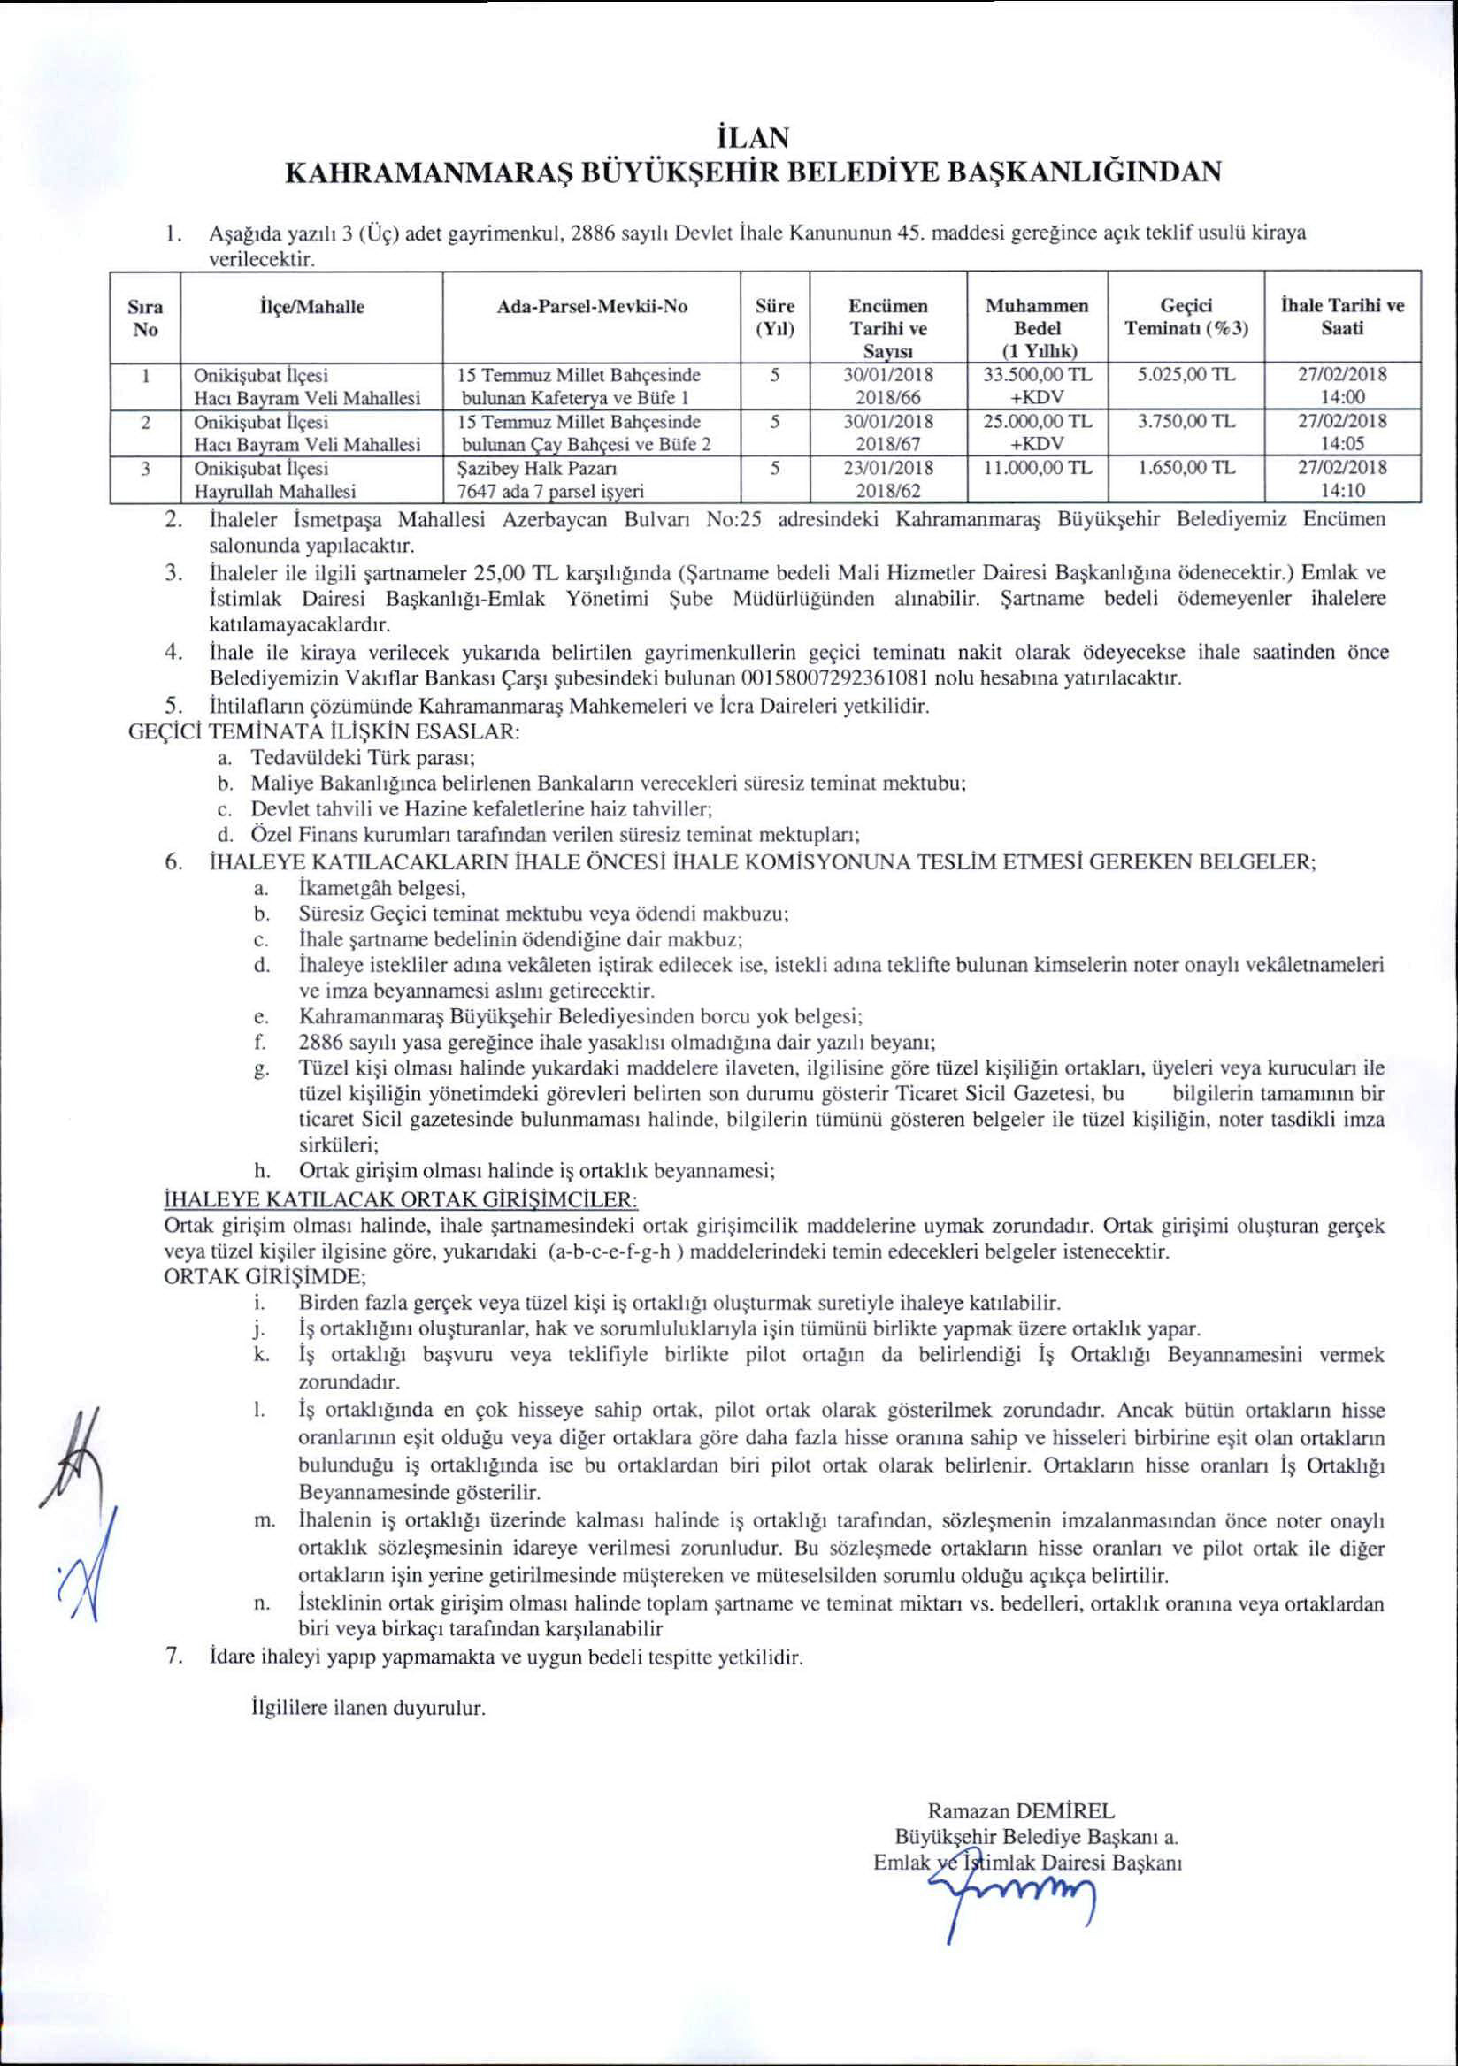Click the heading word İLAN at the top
(x=750, y=139)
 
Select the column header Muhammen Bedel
(x=1037, y=318)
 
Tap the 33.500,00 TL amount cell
(x=1038, y=374)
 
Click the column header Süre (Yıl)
(x=773, y=318)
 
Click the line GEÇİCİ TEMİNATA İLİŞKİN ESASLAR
(x=325, y=731)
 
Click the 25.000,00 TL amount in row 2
(x=1038, y=421)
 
